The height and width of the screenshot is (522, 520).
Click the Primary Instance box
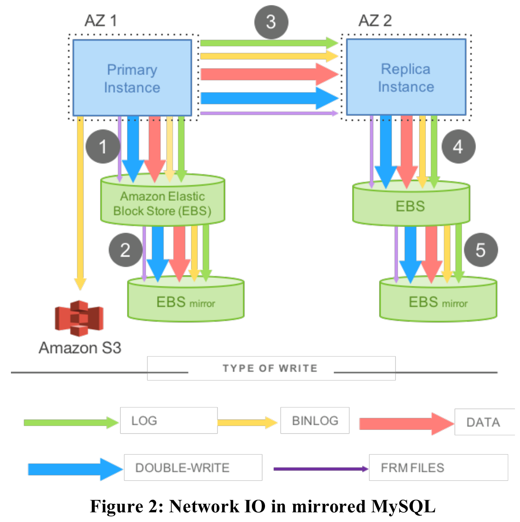tap(132, 78)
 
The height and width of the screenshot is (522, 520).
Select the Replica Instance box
tap(406, 77)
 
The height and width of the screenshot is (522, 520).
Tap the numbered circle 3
tap(271, 22)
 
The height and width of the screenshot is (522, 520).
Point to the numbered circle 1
tap(103, 146)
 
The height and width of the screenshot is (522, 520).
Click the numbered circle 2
tap(125, 250)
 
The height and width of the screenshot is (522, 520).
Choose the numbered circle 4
tap(458, 146)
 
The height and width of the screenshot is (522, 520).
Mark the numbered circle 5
tap(481, 250)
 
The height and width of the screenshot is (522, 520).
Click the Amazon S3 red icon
tap(79, 318)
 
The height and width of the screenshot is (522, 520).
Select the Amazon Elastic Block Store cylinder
tap(162, 200)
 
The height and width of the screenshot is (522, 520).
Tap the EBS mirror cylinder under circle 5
tap(438, 299)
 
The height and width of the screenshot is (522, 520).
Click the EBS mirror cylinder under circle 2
tap(186, 299)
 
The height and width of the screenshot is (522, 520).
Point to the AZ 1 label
tap(101, 21)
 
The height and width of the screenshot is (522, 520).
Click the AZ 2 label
tap(375, 21)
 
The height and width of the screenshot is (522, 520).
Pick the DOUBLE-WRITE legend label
tap(182, 468)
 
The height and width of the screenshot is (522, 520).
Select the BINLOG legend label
tap(315, 421)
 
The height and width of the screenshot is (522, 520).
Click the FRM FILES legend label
tap(412, 468)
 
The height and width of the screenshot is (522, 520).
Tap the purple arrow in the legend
tap(321, 469)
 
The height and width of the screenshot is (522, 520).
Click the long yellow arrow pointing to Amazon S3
tap(80, 203)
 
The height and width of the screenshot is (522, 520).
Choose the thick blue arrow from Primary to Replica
tap(270, 98)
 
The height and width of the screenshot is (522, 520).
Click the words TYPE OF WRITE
tap(270, 368)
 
